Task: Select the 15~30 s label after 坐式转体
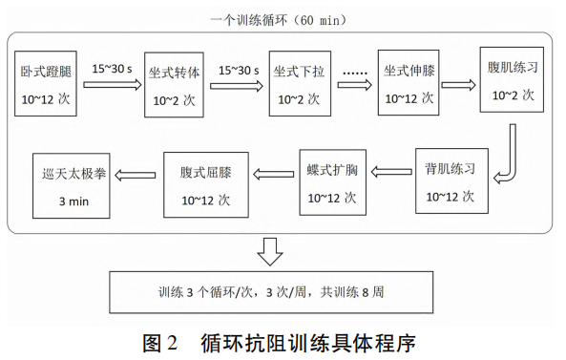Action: pos(240,70)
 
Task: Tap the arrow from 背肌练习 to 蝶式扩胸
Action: pos(391,172)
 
